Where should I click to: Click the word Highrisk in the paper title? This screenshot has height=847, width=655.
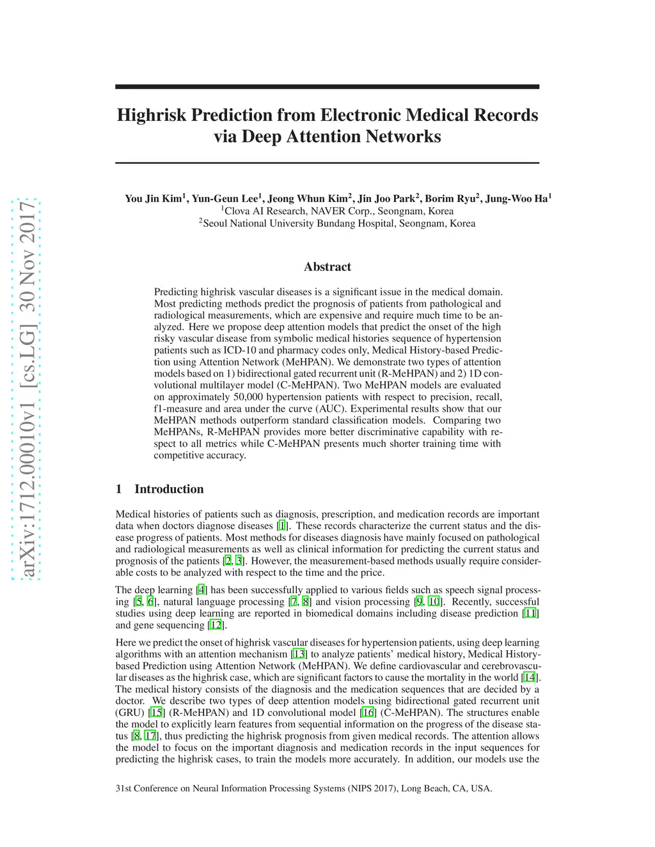(x=152, y=115)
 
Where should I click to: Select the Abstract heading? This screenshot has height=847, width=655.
(x=327, y=267)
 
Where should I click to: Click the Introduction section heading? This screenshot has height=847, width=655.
(x=169, y=489)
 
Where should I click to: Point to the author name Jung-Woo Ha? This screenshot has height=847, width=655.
(x=517, y=198)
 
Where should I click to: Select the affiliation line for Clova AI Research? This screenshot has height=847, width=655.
(x=338, y=211)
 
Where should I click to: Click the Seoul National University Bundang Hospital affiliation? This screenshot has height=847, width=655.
(x=338, y=223)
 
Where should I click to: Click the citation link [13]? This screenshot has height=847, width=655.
(x=299, y=654)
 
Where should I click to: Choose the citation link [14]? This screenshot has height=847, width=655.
(x=529, y=678)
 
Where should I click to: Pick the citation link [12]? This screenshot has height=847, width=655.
(x=216, y=625)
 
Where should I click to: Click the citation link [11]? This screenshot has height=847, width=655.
(x=530, y=613)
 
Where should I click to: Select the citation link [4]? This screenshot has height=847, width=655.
(x=201, y=590)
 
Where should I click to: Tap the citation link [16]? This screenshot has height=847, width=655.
(x=368, y=713)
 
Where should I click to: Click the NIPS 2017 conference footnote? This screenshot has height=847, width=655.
(x=304, y=788)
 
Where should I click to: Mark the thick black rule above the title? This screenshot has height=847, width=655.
(x=327, y=86)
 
